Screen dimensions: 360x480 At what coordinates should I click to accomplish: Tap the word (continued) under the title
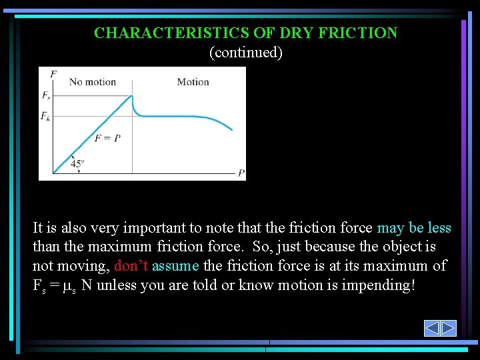[246, 52]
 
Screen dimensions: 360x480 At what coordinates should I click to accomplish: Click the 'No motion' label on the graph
[93, 82]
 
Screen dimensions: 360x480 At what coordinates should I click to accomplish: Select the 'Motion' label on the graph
[193, 82]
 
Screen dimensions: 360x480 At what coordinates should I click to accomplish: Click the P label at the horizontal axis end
[241, 173]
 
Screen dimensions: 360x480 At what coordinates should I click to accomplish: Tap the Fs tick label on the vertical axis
[45, 95]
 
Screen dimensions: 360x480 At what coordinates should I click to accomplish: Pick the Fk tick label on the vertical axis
[45, 116]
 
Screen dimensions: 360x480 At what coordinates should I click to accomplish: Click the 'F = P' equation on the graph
[107, 138]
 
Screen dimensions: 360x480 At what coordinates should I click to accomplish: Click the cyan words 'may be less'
[414, 228]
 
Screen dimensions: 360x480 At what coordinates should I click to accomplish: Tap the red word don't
[131, 265]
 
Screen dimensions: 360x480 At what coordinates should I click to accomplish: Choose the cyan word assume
[175, 265]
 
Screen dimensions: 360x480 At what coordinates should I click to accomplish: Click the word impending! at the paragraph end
[377, 285]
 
